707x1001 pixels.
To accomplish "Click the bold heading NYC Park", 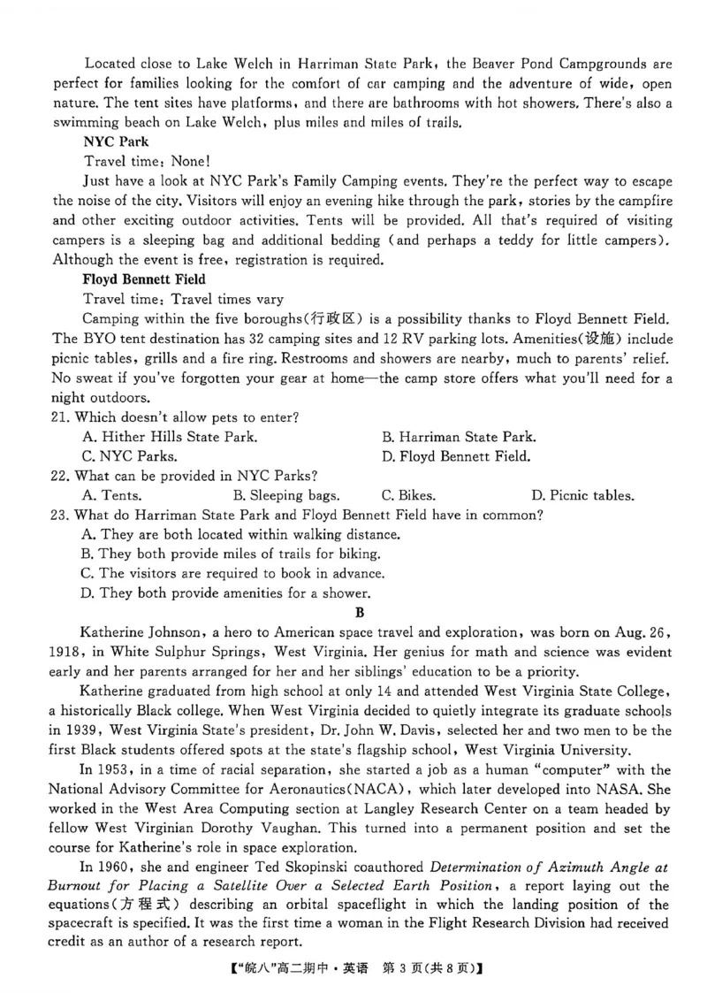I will [x=116, y=141].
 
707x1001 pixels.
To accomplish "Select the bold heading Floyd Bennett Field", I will [x=143, y=279].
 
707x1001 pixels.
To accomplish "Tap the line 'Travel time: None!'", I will [x=148, y=161].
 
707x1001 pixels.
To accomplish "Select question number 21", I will [x=62, y=416].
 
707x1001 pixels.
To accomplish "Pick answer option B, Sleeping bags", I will [x=285, y=495].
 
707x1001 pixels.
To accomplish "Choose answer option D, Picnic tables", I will [x=582, y=495].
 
